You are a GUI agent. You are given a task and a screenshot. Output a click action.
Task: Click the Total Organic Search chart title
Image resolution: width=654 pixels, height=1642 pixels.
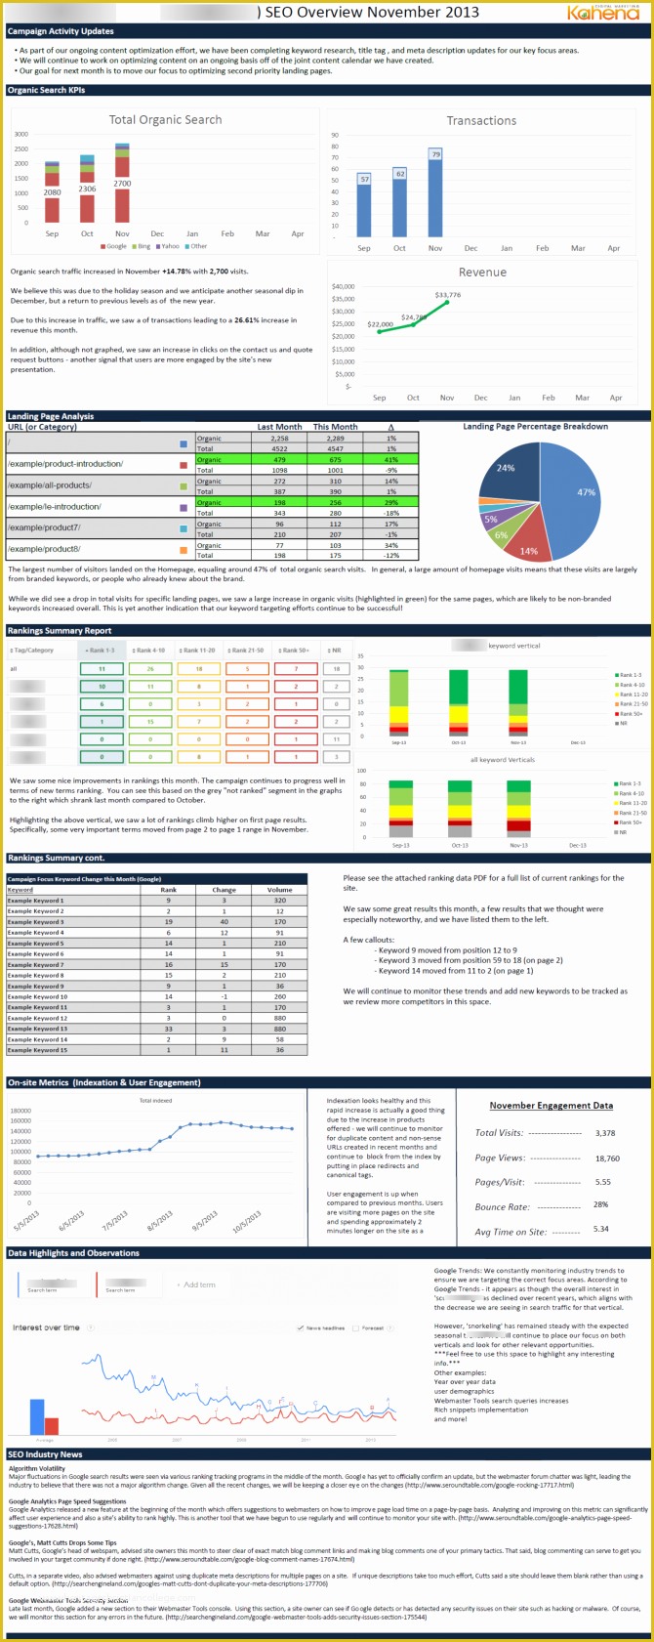pos(165,120)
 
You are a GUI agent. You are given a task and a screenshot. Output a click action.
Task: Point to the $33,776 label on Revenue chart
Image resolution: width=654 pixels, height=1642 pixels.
pos(448,295)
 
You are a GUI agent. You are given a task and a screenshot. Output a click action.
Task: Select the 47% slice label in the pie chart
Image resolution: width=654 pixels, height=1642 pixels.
pos(586,493)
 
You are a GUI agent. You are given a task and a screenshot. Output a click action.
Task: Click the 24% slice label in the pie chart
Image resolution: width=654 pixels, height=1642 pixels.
pos(506,468)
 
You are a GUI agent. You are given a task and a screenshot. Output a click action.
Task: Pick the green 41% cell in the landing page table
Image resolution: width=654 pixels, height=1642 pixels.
pos(390,460)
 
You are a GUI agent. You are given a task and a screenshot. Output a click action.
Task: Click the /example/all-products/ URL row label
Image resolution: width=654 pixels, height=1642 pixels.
pos(50,485)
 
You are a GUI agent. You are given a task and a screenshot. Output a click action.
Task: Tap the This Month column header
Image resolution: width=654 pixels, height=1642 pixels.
pos(335,427)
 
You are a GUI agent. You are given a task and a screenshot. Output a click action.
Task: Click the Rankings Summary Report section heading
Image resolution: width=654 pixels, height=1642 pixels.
pos(60,631)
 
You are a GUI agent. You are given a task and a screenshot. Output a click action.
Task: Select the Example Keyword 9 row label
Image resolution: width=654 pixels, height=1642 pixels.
pos(36,986)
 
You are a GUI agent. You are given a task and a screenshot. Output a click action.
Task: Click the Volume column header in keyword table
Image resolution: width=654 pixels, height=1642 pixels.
pos(279,890)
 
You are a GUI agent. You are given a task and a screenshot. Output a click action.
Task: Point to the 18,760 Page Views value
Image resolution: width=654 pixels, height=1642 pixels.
pos(606,1158)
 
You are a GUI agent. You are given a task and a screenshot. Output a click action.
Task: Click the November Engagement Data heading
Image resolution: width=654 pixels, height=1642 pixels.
pos(551,1106)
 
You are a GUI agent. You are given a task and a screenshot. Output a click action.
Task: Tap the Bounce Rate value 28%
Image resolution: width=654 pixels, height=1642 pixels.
pos(600,1205)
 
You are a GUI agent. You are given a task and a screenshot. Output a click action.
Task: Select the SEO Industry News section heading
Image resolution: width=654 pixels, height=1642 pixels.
pos(45,1454)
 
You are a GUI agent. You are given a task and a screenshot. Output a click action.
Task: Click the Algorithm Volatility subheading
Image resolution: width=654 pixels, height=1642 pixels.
pos(37,1468)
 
